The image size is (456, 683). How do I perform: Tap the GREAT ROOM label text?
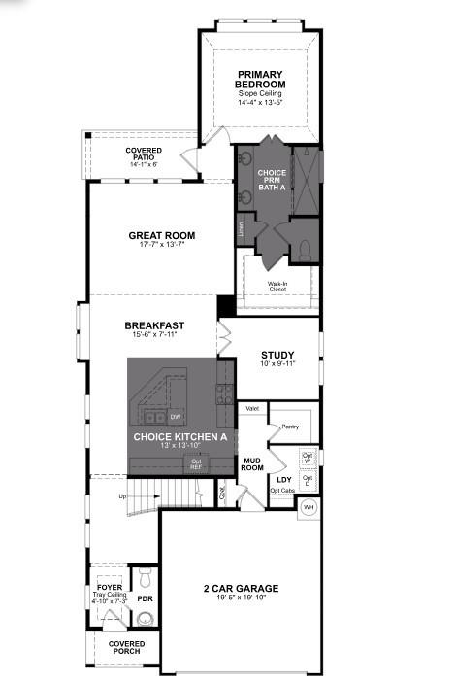coord(162,235)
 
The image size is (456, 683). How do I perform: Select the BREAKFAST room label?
coord(154,325)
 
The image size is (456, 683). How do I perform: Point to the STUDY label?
coord(277,355)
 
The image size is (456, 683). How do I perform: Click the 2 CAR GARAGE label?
coord(241,588)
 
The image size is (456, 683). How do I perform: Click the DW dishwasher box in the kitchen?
coord(176,418)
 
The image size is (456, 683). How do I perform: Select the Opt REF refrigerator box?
coord(196,464)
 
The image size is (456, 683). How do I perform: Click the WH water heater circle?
coord(309,506)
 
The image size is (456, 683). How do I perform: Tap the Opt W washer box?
coord(308,457)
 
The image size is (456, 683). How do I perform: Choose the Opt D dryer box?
coord(308,479)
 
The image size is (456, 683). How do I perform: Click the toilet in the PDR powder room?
coord(145,578)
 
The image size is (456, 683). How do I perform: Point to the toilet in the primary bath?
coord(303,251)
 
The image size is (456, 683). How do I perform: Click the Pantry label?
coord(289,427)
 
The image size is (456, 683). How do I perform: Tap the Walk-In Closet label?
coord(277,287)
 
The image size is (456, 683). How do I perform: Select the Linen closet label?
coord(241,229)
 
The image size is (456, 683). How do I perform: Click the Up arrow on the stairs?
coord(122,497)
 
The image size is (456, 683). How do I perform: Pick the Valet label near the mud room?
coord(252,409)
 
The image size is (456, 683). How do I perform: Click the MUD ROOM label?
coord(253,464)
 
